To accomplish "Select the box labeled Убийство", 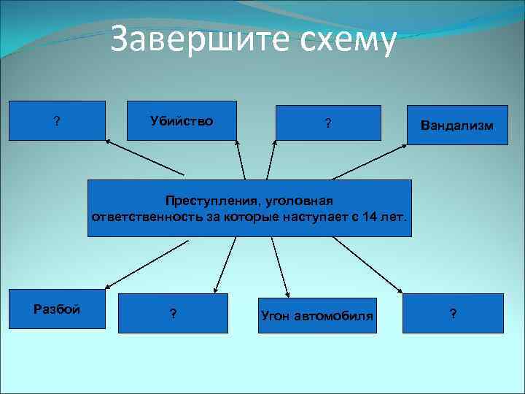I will (182, 120).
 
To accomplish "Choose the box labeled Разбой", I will (57, 309).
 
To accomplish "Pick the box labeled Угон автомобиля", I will (316, 315).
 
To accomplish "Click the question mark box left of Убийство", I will (57, 120).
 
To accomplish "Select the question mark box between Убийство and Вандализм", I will (328, 123).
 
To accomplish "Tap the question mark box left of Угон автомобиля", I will (173, 314).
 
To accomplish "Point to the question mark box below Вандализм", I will (454, 314).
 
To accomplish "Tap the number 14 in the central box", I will (368, 217).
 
